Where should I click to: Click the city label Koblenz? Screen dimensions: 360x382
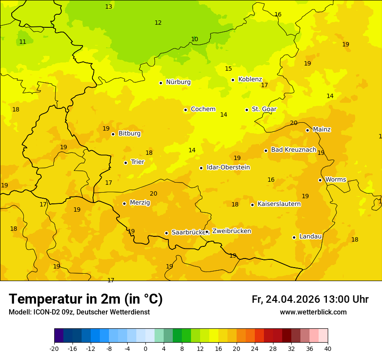pos(250,79)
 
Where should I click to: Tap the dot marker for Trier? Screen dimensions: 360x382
pos(125,163)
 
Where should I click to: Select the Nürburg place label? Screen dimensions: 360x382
pos(178,82)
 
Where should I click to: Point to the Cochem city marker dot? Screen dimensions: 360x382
pos(185,110)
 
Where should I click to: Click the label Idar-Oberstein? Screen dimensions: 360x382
pos(228,167)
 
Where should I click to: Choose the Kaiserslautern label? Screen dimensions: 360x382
pos(279,204)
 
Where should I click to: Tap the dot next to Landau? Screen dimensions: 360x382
pos(294,237)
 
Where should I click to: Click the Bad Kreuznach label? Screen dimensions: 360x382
pos(293,150)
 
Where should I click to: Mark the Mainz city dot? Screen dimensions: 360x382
pos(307,130)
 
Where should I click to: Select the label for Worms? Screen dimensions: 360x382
pos(336,180)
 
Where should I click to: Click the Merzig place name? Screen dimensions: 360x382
pos(140,203)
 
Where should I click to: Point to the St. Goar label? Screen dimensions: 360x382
pos(264,109)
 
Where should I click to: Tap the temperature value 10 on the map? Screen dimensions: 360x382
pos(194,39)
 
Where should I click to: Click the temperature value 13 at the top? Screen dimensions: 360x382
pos(109,7)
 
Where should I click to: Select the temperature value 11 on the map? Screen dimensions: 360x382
pos(23,42)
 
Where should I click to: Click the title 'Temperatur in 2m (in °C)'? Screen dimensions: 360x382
pos(86,299)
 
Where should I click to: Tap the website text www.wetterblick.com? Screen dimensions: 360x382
pos(313,312)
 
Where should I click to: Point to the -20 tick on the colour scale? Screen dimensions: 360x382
pos(54,348)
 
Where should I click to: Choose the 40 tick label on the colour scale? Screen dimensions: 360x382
pos(328,348)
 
